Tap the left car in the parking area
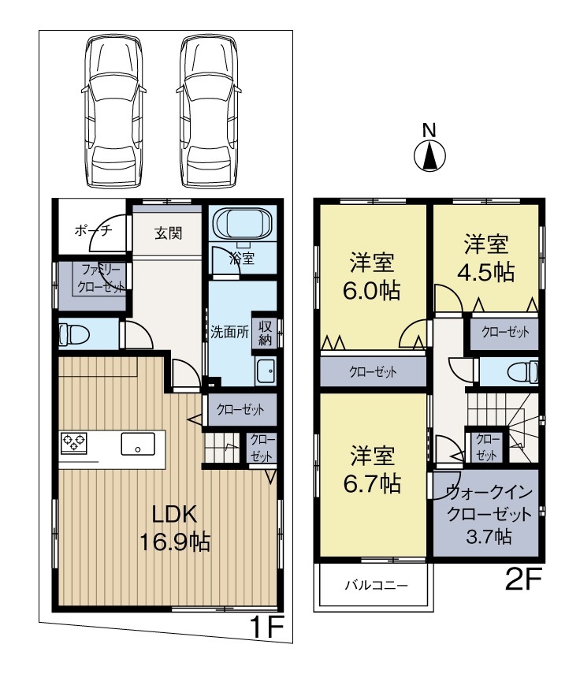113,112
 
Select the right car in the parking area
209,112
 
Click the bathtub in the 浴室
243,222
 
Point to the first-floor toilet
73,334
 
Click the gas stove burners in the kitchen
74,442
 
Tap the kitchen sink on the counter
138,444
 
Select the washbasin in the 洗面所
266,371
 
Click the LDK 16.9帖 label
175,527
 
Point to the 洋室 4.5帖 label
486,258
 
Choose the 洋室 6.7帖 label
372,469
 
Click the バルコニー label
377,585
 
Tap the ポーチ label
94,230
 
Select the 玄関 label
169,233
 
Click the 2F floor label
524,579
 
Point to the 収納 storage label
265,333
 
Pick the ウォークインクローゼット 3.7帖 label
489,515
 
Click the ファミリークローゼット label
101,278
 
